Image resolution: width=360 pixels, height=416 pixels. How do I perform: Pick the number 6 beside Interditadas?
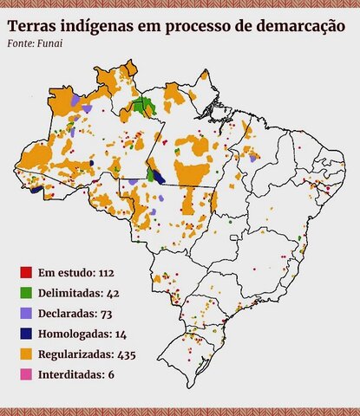(111, 374)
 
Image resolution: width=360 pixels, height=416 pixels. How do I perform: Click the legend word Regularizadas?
(75, 354)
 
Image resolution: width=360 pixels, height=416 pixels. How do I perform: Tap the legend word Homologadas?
(74, 334)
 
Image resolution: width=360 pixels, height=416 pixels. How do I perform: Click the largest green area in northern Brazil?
(142, 108)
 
